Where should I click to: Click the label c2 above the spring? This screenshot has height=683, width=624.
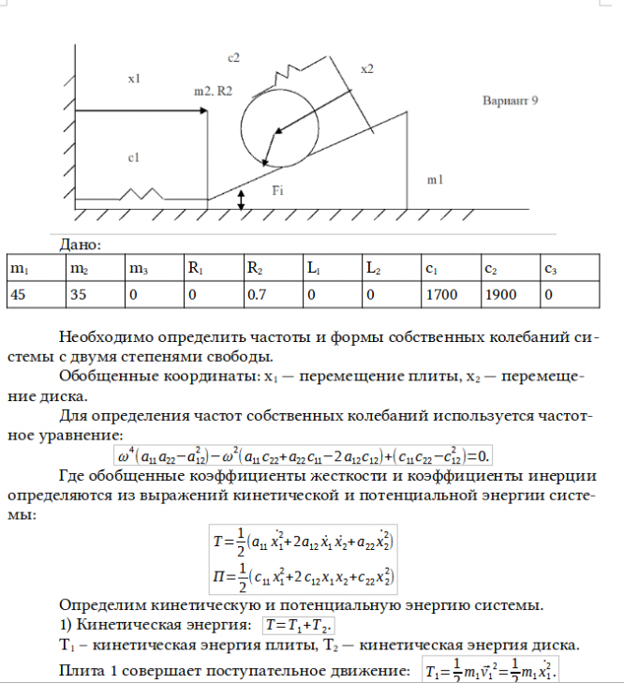[x=234, y=58]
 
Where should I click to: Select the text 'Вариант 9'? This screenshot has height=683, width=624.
[x=509, y=98]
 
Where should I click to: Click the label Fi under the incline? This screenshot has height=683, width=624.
[x=278, y=190]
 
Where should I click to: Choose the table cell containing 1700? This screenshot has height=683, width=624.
[x=440, y=294]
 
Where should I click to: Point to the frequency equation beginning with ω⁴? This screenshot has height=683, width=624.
[x=304, y=456]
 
